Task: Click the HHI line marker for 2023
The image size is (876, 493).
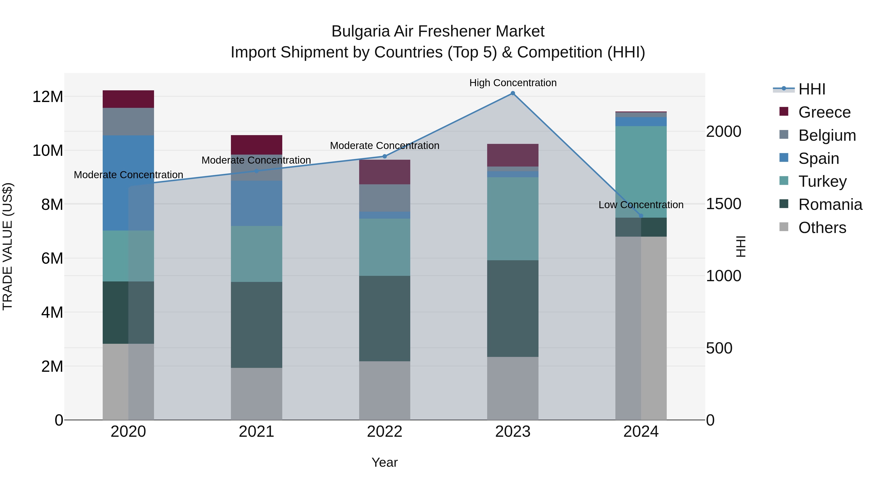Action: coord(513,93)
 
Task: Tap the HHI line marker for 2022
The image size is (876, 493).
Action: coord(385,157)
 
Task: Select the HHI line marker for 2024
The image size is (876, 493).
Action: coord(641,216)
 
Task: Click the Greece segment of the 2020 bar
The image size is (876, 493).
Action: coord(128,99)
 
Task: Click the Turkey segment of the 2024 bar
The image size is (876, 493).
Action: coord(641,172)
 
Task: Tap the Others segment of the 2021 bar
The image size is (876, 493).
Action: coord(256,394)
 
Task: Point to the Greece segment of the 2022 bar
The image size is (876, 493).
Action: coord(385,172)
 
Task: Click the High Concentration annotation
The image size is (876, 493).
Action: coord(513,83)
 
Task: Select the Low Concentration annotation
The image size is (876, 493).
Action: coord(641,205)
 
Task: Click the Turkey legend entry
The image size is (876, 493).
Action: coord(822,181)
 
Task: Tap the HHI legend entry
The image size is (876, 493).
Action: coord(812,89)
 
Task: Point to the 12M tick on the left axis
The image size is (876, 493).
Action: coord(48,97)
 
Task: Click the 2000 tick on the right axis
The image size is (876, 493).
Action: coord(724,132)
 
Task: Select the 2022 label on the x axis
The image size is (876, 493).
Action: coord(385,432)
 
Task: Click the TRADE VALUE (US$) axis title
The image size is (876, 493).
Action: coord(8,246)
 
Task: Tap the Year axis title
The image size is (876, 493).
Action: coord(385,462)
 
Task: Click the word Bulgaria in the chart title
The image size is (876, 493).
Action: coord(360,31)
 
